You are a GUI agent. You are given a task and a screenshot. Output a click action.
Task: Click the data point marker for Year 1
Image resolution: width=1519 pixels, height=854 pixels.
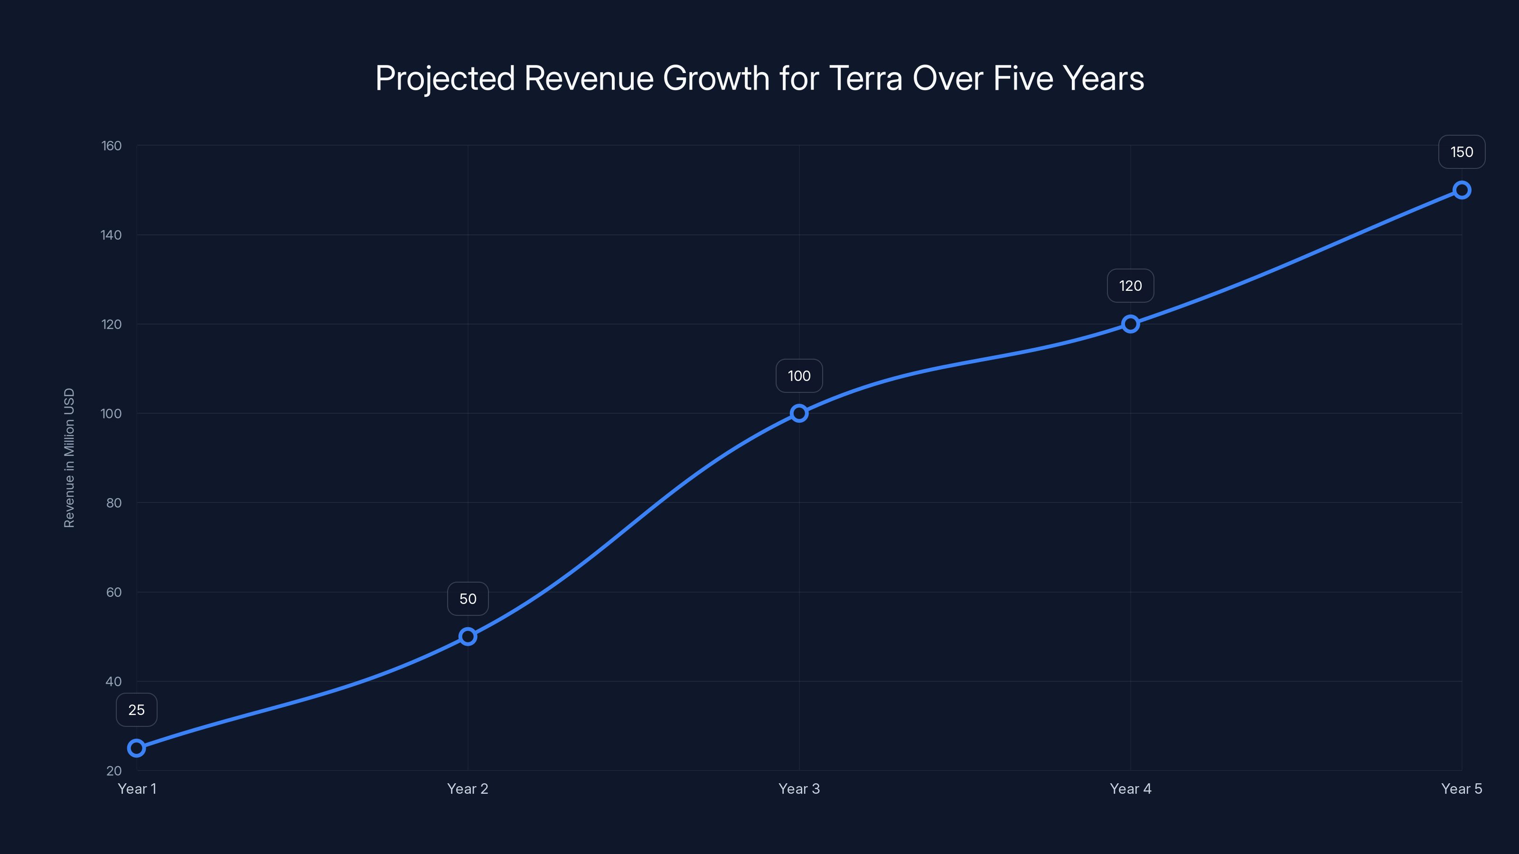136,748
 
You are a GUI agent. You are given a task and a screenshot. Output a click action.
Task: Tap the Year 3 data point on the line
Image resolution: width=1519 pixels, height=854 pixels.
799,413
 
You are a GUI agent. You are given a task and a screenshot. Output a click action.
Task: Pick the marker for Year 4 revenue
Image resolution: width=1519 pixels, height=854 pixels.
1130,324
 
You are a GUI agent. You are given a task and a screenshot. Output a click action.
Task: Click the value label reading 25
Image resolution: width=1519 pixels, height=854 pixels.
136,710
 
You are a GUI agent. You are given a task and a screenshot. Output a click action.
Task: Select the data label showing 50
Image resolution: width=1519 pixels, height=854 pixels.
468,599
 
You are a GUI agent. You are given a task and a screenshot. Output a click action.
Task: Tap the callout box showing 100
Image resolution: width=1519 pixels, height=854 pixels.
799,376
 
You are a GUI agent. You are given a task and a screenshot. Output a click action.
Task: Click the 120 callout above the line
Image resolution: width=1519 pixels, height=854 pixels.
1130,286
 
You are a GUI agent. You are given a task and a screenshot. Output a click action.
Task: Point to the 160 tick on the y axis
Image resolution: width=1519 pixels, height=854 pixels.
112,146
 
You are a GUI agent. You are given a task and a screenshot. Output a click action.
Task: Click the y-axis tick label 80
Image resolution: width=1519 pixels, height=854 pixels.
114,503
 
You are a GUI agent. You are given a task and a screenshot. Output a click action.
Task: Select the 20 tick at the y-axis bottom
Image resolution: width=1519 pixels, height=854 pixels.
114,770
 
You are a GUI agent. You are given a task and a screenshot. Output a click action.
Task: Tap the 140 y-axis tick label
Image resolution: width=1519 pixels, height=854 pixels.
112,235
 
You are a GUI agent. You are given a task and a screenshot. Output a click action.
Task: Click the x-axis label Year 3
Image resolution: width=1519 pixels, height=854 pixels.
799,789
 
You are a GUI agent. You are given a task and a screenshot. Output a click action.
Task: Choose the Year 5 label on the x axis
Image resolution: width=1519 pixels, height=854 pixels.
1461,789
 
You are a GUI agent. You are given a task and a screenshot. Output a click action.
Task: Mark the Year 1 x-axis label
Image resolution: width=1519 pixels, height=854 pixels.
137,789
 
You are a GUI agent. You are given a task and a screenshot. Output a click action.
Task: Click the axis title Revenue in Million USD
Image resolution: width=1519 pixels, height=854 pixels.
69,458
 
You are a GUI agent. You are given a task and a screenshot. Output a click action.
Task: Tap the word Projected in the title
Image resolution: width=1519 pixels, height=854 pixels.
445,78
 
